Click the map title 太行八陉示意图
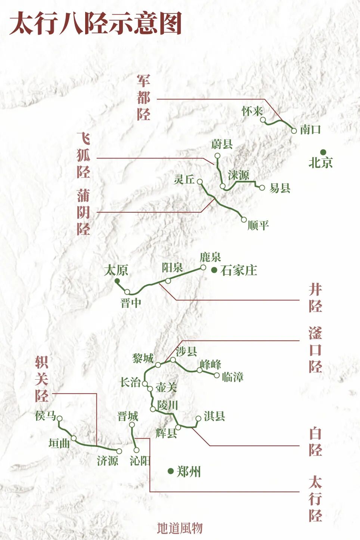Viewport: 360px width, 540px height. click(x=96, y=23)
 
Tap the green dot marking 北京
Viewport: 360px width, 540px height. click(x=323, y=152)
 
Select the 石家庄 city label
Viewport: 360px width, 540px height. click(x=239, y=270)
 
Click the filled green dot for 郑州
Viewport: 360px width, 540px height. click(x=171, y=471)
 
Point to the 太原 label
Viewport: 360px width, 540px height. click(x=116, y=270)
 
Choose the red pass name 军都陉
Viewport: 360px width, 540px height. click(x=143, y=98)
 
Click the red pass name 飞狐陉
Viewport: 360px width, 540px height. click(x=84, y=155)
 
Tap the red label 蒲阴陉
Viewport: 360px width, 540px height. click(x=84, y=212)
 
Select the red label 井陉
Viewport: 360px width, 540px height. click(x=315, y=298)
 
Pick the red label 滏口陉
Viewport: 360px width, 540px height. click(x=315, y=350)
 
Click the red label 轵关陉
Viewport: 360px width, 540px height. click(x=41, y=379)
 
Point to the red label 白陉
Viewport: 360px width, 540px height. click(x=315, y=442)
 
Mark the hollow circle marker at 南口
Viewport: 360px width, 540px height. click(x=294, y=130)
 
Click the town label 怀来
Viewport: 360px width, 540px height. click(x=252, y=111)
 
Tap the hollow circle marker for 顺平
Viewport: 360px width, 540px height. click(x=244, y=220)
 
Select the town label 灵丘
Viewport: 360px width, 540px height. click(x=184, y=179)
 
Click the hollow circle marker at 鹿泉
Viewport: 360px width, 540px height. click(x=203, y=267)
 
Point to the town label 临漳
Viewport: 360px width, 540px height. click(x=233, y=377)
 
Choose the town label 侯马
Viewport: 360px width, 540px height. click(x=46, y=416)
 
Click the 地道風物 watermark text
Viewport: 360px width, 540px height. click(x=180, y=528)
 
